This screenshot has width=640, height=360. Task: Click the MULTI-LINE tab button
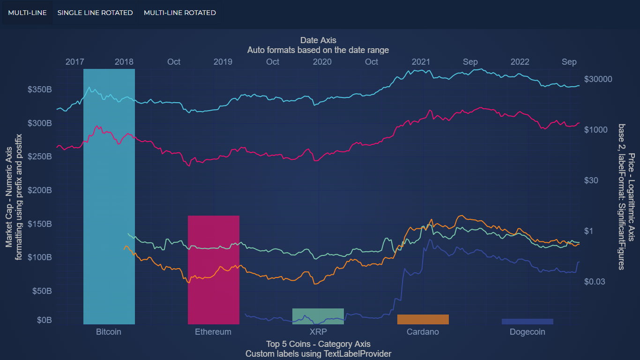[27, 13]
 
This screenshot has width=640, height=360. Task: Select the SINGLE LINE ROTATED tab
[95, 13]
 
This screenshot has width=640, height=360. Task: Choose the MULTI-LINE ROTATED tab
[179, 13]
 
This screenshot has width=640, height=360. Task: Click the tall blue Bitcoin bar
[109, 197]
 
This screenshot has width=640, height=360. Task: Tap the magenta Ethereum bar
[214, 270]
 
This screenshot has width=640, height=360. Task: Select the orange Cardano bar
[423, 319]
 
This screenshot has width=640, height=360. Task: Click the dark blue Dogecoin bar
[527, 322]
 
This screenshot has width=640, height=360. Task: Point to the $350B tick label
[39, 90]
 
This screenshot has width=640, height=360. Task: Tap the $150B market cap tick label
[39, 224]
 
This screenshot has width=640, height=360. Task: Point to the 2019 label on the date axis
[223, 62]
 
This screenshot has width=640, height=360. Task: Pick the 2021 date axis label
[421, 62]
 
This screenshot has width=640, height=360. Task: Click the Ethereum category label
[213, 332]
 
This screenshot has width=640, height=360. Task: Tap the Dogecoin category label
[527, 332]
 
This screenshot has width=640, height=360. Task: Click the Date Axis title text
[318, 40]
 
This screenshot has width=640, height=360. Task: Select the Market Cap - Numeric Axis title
[9, 197]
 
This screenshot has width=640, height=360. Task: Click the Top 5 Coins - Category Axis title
[318, 345]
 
